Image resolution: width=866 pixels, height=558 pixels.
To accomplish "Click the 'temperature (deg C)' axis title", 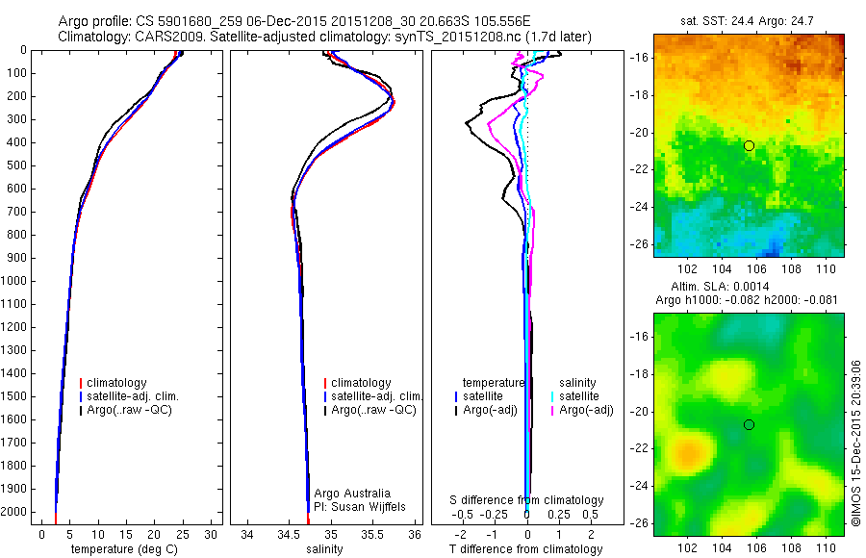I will point(121,549).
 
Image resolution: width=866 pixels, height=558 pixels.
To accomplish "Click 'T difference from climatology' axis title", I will point(525,549).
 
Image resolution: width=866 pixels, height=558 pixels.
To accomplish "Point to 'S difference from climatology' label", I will point(526,500).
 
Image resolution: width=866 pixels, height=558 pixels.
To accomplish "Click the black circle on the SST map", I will point(750,145).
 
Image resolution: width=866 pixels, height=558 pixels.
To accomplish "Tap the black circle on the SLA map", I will point(750,424).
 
